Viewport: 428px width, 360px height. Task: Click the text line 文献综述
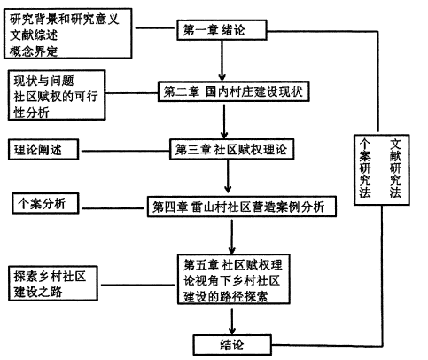(x=34, y=35)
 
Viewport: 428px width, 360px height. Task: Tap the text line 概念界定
(x=34, y=51)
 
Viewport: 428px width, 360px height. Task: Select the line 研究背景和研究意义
(x=65, y=20)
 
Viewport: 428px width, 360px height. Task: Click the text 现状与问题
(x=43, y=81)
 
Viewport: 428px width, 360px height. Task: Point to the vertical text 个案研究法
(x=365, y=168)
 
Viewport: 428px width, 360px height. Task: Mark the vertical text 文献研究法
(x=395, y=168)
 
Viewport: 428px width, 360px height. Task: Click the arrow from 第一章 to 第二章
(x=222, y=60)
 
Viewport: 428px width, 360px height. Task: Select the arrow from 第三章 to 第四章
(x=228, y=176)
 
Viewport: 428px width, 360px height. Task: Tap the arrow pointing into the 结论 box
(x=232, y=321)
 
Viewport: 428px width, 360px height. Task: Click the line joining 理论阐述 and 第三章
(x=124, y=151)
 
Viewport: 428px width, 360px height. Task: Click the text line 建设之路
(x=38, y=292)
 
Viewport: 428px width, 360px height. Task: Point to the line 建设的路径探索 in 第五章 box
(x=226, y=296)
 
